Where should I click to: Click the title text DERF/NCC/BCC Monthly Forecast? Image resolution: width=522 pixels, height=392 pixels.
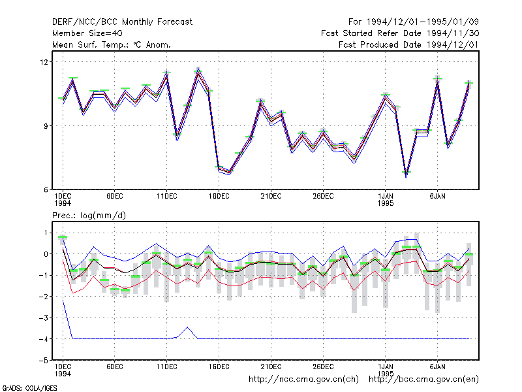122,22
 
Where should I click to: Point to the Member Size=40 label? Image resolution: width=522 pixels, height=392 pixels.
87,33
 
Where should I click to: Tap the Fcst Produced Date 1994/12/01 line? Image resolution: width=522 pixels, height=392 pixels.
408,44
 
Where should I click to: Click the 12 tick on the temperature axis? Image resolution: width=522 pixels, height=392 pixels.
44,62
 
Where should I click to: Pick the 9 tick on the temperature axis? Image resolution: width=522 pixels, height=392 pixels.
46,126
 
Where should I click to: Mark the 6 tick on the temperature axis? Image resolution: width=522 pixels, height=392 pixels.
46,190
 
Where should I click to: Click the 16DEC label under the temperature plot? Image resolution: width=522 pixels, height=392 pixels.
219,197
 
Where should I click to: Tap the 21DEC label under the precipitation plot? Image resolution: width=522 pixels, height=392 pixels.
271,367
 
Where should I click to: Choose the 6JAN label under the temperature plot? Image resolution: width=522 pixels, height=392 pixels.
437,197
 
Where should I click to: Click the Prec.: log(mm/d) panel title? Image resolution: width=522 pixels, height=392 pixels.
89,216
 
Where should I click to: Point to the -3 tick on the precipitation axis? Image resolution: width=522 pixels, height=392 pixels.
44,318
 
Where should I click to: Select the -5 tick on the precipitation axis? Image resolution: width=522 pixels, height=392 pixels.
44,361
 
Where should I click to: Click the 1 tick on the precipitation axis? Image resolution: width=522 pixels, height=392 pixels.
46,233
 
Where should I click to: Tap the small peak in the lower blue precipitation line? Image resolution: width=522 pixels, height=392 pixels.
188,327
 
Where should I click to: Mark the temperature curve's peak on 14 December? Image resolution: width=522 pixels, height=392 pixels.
198,71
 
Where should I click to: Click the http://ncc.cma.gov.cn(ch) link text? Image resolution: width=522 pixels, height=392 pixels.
303,380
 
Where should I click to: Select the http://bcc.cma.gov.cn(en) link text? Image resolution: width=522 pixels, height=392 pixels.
423,380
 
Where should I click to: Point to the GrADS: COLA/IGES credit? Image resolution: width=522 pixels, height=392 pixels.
29,388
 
